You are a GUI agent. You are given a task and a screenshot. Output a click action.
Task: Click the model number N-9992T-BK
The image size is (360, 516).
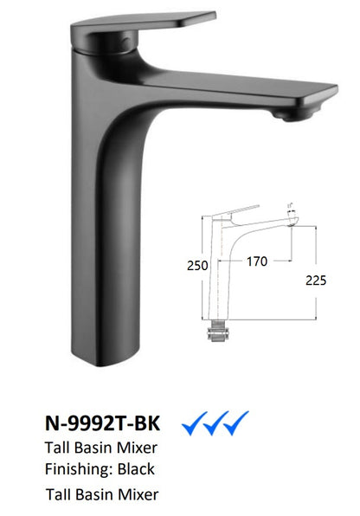pyautogui.click(x=102, y=422)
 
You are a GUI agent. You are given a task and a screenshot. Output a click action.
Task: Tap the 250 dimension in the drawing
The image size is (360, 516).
pyautogui.click(x=197, y=266)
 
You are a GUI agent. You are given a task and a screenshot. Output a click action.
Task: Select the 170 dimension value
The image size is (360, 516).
pyautogui.click(x=257, y=261)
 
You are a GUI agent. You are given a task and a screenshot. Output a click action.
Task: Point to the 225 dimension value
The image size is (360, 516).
pyautogui.click(x=316, y=281)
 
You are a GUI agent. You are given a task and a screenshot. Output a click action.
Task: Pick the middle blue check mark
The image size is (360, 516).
pyautogui.click(x=215, y=423)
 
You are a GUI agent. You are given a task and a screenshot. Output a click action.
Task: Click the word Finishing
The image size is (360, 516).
pyautogui.click(x=79, y=469)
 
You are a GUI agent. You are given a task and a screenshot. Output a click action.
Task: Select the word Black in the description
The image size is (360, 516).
pyautogui.click(x=136, y=468)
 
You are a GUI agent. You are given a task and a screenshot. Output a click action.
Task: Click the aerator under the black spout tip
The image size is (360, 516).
pyautogui.click(x=290, y=115)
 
